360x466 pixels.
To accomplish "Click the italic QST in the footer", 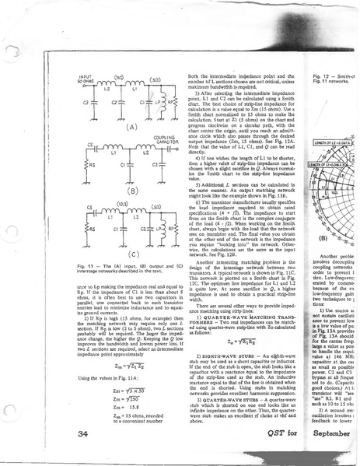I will (x=289, y=433).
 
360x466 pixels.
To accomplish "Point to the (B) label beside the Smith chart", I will (x=318, y=215).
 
